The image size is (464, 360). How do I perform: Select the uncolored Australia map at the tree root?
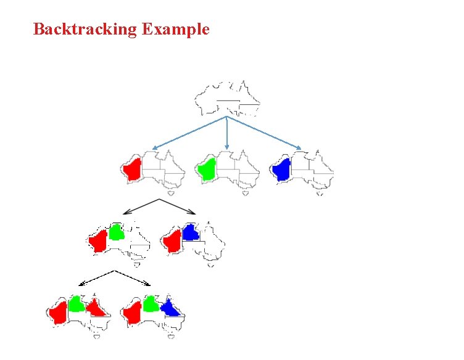226,99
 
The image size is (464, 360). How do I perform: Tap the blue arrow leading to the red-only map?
188,133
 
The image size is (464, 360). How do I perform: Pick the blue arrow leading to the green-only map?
227,133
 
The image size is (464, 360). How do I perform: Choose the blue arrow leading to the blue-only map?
265,133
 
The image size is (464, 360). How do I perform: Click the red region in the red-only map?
133,169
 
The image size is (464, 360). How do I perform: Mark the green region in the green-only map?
207,168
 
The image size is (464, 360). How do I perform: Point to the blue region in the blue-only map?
283,169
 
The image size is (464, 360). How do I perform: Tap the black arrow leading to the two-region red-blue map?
179,207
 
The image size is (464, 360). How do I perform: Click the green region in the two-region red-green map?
116,232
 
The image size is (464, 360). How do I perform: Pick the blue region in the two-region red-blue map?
191,232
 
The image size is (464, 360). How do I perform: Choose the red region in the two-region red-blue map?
170,242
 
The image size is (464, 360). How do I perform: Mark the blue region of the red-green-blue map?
170,308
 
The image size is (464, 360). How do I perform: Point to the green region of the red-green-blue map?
151,303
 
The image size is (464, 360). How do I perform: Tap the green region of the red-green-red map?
76,303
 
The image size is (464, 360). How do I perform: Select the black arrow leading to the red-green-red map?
96,277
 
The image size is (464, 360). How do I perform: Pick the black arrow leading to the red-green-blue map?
133,277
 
